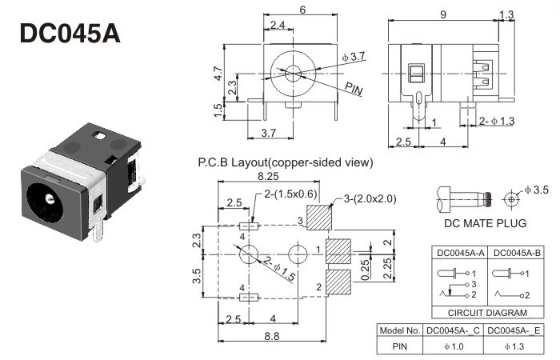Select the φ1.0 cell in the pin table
click(453, 346)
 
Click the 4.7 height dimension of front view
click(218, 74)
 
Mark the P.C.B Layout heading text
click(285, 162)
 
